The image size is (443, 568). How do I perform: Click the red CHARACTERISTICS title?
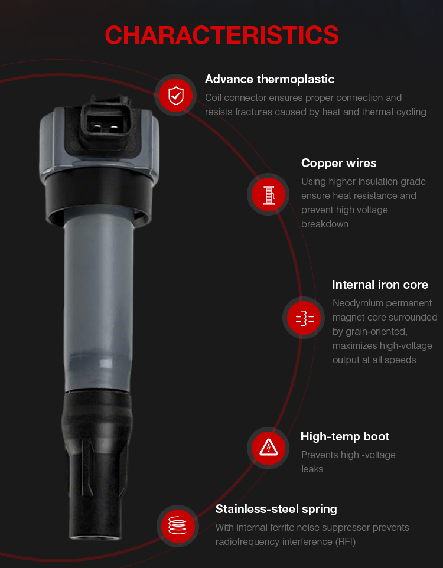[x=221, y=35]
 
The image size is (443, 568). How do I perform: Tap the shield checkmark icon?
[x=176, y=95]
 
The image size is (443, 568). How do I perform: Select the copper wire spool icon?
[x=268, y=194]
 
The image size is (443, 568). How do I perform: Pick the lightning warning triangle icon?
[x=268, y=448]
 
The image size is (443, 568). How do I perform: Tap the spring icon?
[x=177, y=525]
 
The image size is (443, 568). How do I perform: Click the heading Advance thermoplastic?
[x=269, y=79]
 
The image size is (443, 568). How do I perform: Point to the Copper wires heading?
[x=338, y=163]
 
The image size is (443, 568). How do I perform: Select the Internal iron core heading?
[x=380, y=285]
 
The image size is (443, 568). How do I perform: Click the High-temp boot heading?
[x=345, y=436]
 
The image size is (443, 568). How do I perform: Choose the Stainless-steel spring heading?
[x=276, y=509]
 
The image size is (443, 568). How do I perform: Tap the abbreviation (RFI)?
[x=345, y=541]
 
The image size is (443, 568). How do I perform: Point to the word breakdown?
[x=324, y=224]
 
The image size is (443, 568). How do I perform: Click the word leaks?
[x=312, y=469]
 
